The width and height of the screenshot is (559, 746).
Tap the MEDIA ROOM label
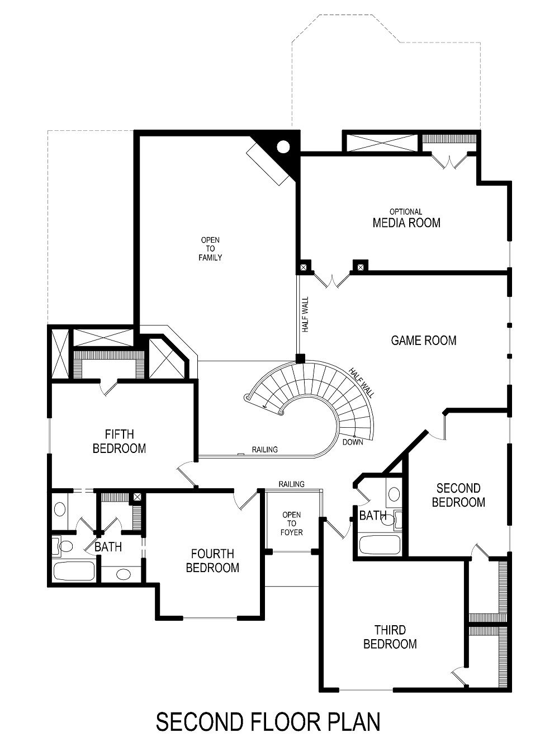406,223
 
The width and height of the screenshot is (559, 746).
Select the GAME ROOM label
424,340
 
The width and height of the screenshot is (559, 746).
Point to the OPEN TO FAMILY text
210,249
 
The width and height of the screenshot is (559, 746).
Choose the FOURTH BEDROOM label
212,561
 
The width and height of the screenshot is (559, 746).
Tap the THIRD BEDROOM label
390,637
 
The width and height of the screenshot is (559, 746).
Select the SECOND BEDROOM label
458,495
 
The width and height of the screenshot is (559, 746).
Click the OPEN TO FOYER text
291,523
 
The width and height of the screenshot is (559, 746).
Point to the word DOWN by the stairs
353,442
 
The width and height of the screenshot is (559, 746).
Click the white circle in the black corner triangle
283,147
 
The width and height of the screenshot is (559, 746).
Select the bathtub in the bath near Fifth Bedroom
73,572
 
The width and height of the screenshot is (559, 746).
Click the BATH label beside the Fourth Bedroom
108,547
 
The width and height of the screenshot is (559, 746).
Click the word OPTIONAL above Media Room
406,212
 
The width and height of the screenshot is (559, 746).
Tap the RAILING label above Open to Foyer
291,484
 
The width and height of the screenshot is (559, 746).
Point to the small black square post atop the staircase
300,358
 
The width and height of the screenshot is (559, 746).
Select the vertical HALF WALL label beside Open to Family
306,315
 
